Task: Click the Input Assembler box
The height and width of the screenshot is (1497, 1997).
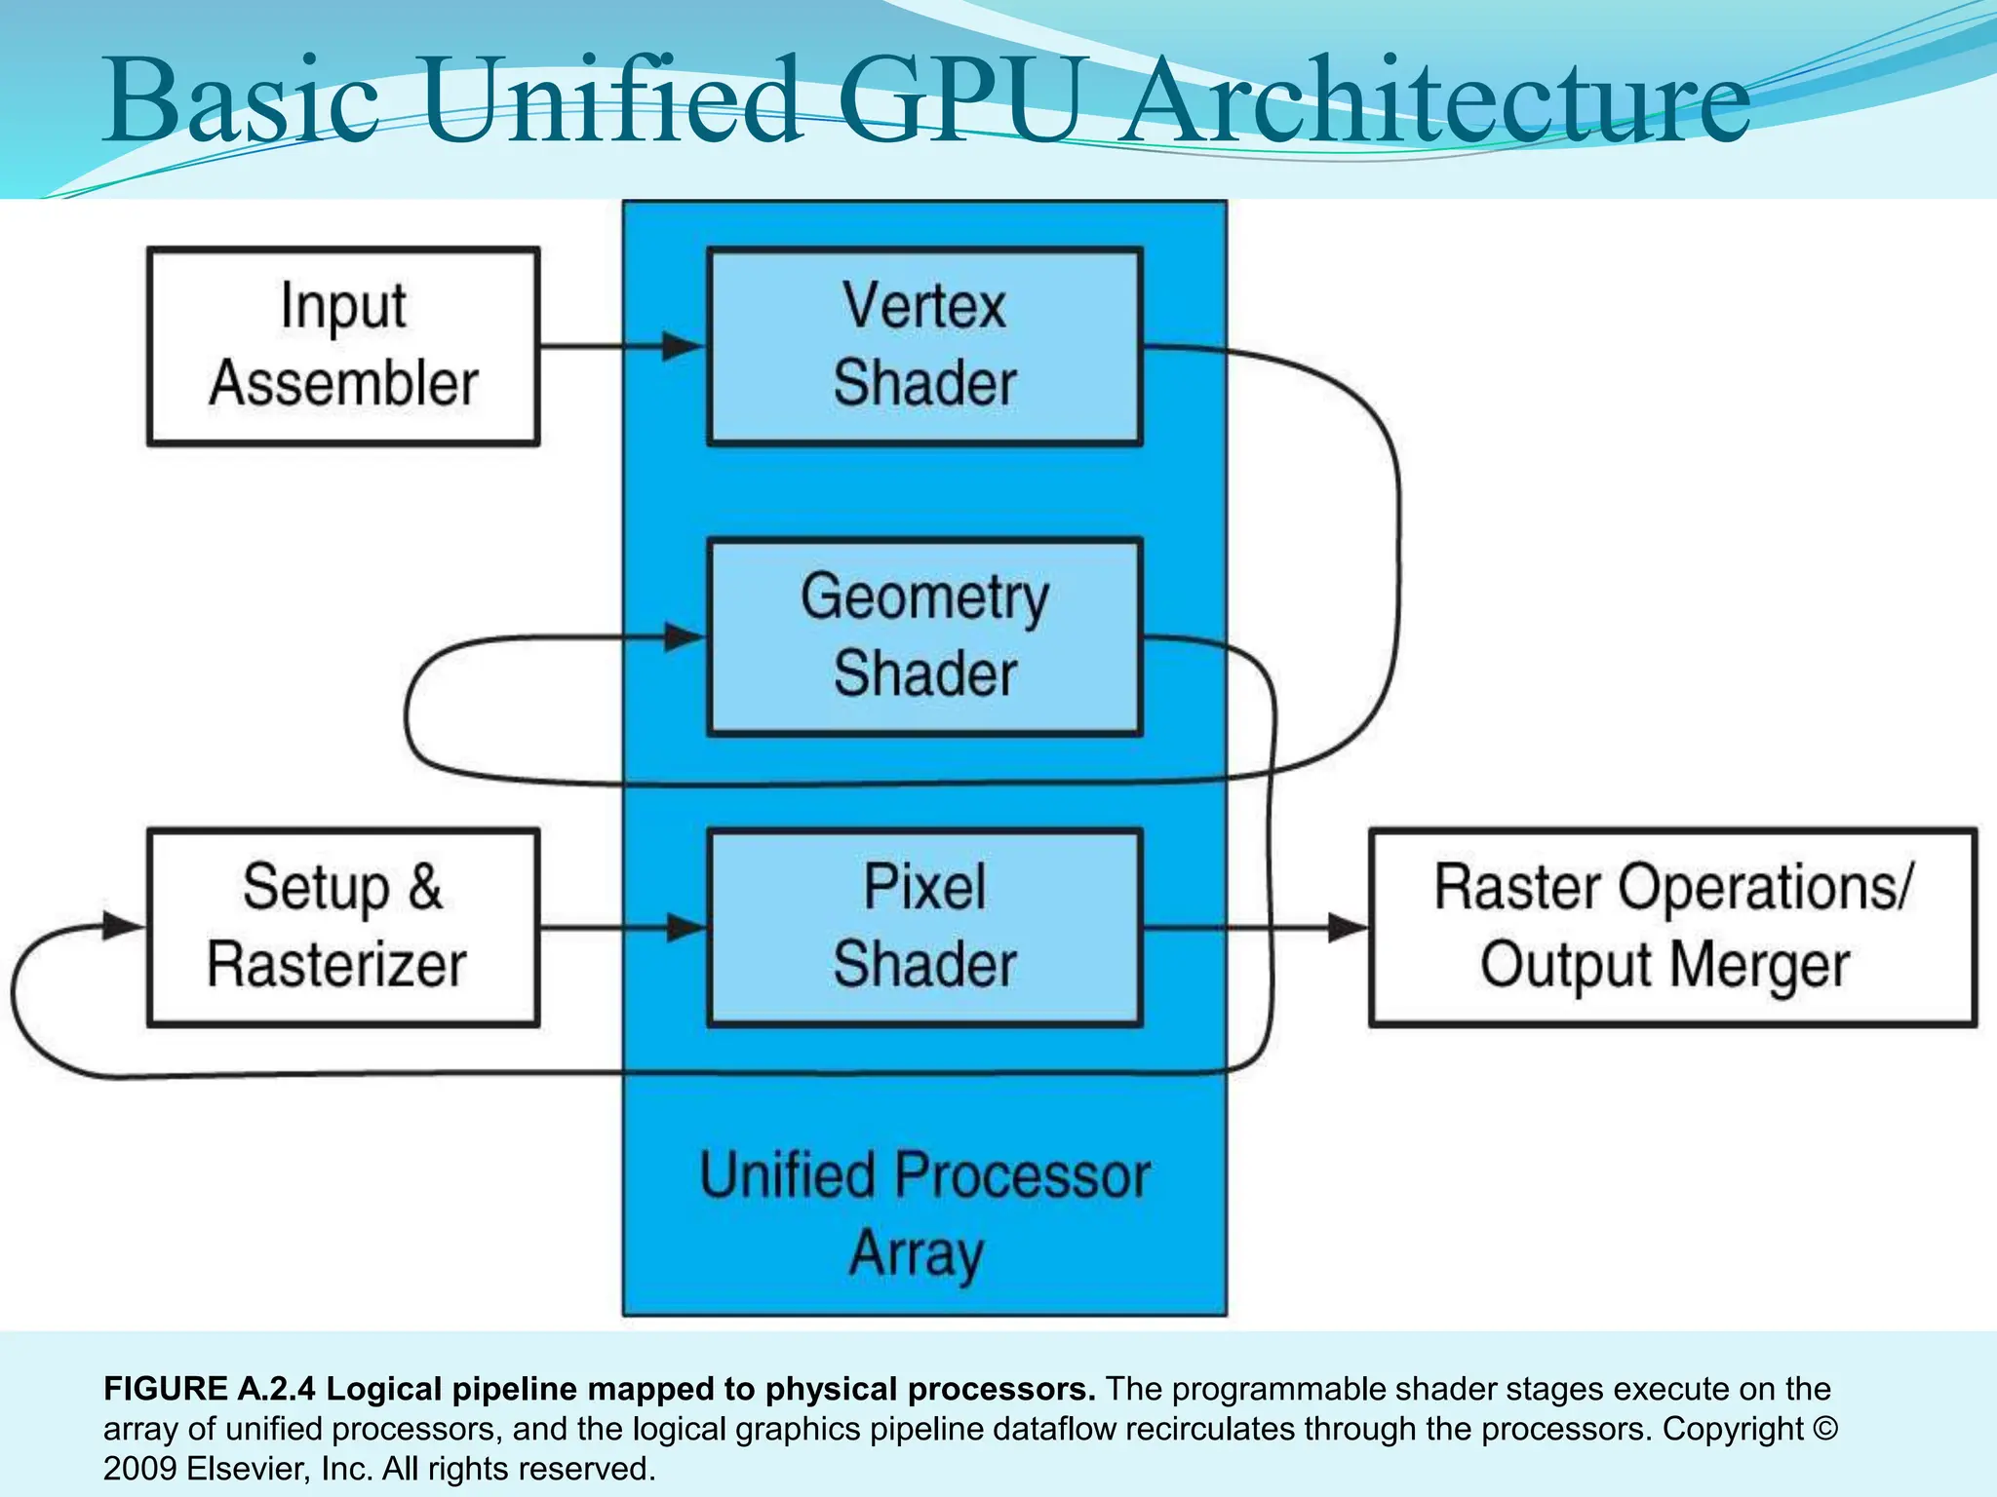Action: (342, 346)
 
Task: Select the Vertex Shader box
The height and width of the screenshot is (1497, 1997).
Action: (923, 346)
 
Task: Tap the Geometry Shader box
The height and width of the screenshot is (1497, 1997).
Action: (923, 636)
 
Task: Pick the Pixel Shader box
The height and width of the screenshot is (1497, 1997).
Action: (923, 927)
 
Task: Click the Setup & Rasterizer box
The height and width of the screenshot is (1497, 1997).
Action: (342, 927)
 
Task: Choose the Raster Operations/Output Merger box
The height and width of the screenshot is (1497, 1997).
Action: (1672, 927)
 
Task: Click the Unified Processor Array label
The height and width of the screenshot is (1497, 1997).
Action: (923, 1213)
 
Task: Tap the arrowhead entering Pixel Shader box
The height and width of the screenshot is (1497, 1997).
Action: (685, 927)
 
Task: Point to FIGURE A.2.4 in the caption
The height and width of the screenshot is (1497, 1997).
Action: (210, 1388)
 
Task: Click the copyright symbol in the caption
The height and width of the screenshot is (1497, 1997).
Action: (1825, 1429)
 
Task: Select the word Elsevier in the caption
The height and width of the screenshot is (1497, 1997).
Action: (248, 1469)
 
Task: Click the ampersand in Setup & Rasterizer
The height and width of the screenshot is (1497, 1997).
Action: (425, 887)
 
